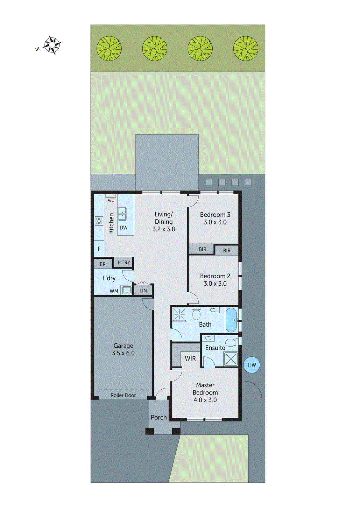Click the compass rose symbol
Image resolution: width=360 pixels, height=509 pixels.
[x=52, y=45]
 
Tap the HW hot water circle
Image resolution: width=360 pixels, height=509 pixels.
[x=252, y=365]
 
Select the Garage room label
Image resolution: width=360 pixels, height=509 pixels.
[x=123, y=346]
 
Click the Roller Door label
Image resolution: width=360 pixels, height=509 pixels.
[x=123, y=395]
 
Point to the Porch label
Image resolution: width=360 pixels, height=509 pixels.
[x=159, y=417]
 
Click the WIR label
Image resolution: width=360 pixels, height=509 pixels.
[x=190, y=359]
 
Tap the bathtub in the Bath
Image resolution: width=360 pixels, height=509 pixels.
[x=231, y=319]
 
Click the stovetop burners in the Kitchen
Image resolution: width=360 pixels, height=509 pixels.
[x=99, y=221]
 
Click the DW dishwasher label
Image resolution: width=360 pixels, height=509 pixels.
[x=124, y=228]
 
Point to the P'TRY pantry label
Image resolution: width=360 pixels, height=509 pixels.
[x=124, y=263]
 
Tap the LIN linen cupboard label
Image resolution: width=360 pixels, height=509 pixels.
[x=143, y=290]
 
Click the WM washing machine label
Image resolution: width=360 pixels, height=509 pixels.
[x=114, y=291]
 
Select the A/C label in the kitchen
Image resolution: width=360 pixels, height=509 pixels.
[x=111, y=200]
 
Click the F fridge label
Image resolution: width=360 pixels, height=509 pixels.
[x=99, y=249]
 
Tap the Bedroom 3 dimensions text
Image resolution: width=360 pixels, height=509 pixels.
[x=215, y=222]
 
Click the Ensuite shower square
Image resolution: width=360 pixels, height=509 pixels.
[x=231, y=359]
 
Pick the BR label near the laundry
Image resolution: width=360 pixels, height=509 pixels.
[x=102, y=264]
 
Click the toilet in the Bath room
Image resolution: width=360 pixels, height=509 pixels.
[x=196, y=314]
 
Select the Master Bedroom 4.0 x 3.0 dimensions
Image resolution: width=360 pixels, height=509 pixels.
[x=205, y=400]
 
